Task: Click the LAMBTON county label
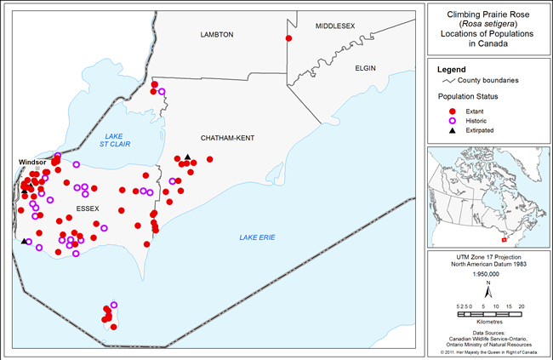pos(216,35)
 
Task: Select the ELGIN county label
pos(366,66)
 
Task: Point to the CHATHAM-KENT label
pos(227,138)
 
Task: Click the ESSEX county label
pos(88,209)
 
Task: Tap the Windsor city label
pos(33,162)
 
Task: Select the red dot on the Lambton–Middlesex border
pos(289,39)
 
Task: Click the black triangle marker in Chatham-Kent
pos(186,157)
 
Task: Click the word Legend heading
pos(452,68)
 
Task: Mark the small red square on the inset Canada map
pos(504,215)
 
